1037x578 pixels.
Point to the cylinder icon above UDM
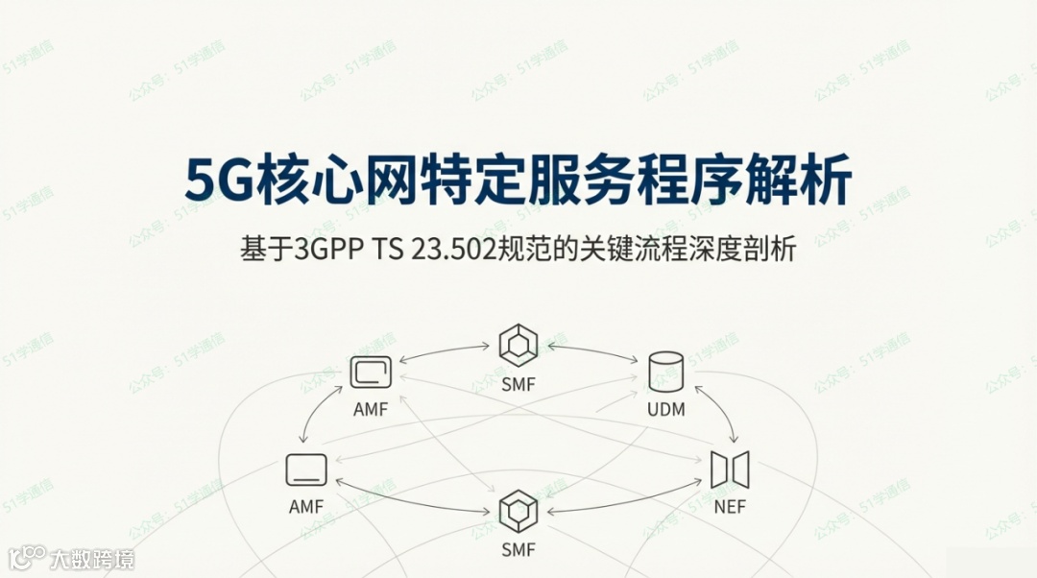[x=665, y=371]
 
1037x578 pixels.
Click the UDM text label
[x=665, y=410]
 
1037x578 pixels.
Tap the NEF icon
[x=730, y=470]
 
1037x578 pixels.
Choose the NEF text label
[x=730, y=507]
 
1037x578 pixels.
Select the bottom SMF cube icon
[x=518, y=510]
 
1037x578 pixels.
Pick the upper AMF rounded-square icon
[x=371, y=372]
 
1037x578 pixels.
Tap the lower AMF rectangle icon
[x=306, y=470]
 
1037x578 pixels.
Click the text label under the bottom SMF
[x=518, y=550]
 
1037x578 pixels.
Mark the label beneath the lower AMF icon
[x=306, y=507]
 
